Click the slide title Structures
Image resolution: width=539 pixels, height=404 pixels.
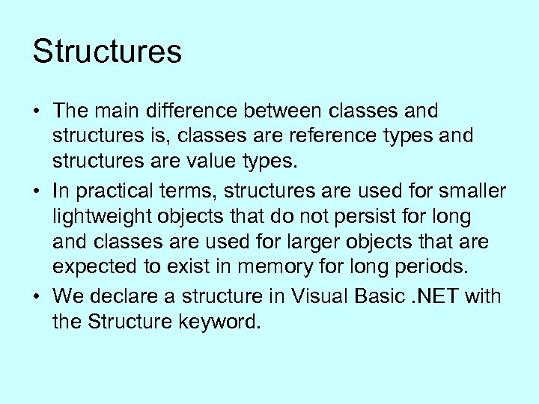[x=107, y=52]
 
